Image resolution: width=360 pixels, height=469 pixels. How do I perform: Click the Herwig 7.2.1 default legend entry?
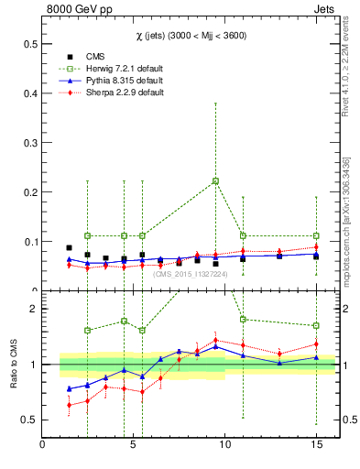119,69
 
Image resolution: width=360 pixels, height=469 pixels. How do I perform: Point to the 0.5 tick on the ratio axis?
30,420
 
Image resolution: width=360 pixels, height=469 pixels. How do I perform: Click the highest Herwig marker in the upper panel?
215,180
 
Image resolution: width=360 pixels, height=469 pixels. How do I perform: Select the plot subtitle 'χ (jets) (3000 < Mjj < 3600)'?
188,35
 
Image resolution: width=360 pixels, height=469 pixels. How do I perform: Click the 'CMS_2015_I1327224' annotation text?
189,273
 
